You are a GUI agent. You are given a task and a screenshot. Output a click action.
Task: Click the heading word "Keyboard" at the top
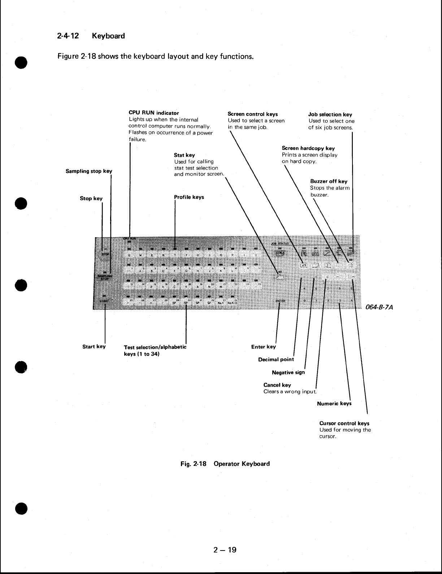108,36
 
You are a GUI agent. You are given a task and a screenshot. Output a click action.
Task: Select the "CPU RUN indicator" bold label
153,113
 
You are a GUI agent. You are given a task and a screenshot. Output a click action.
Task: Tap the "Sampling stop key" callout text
89,171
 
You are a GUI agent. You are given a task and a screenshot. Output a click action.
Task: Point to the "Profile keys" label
189,197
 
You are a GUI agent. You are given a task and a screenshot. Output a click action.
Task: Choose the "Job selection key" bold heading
330,115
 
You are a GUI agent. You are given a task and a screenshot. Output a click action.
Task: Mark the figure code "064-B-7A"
379,308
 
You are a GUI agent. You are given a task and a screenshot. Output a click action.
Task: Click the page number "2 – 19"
224,550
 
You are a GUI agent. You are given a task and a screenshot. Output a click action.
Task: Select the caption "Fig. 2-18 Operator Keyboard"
225,464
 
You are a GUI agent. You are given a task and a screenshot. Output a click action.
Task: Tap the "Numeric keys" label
334,403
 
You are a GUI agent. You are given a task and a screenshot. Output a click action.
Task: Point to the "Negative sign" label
288,372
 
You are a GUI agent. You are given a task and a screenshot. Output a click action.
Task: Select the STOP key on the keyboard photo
105,254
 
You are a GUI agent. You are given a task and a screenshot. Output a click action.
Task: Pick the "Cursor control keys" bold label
344,423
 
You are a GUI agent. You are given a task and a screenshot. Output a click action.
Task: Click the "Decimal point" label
276,359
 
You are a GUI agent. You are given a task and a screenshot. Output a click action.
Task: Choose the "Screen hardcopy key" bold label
308,148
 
